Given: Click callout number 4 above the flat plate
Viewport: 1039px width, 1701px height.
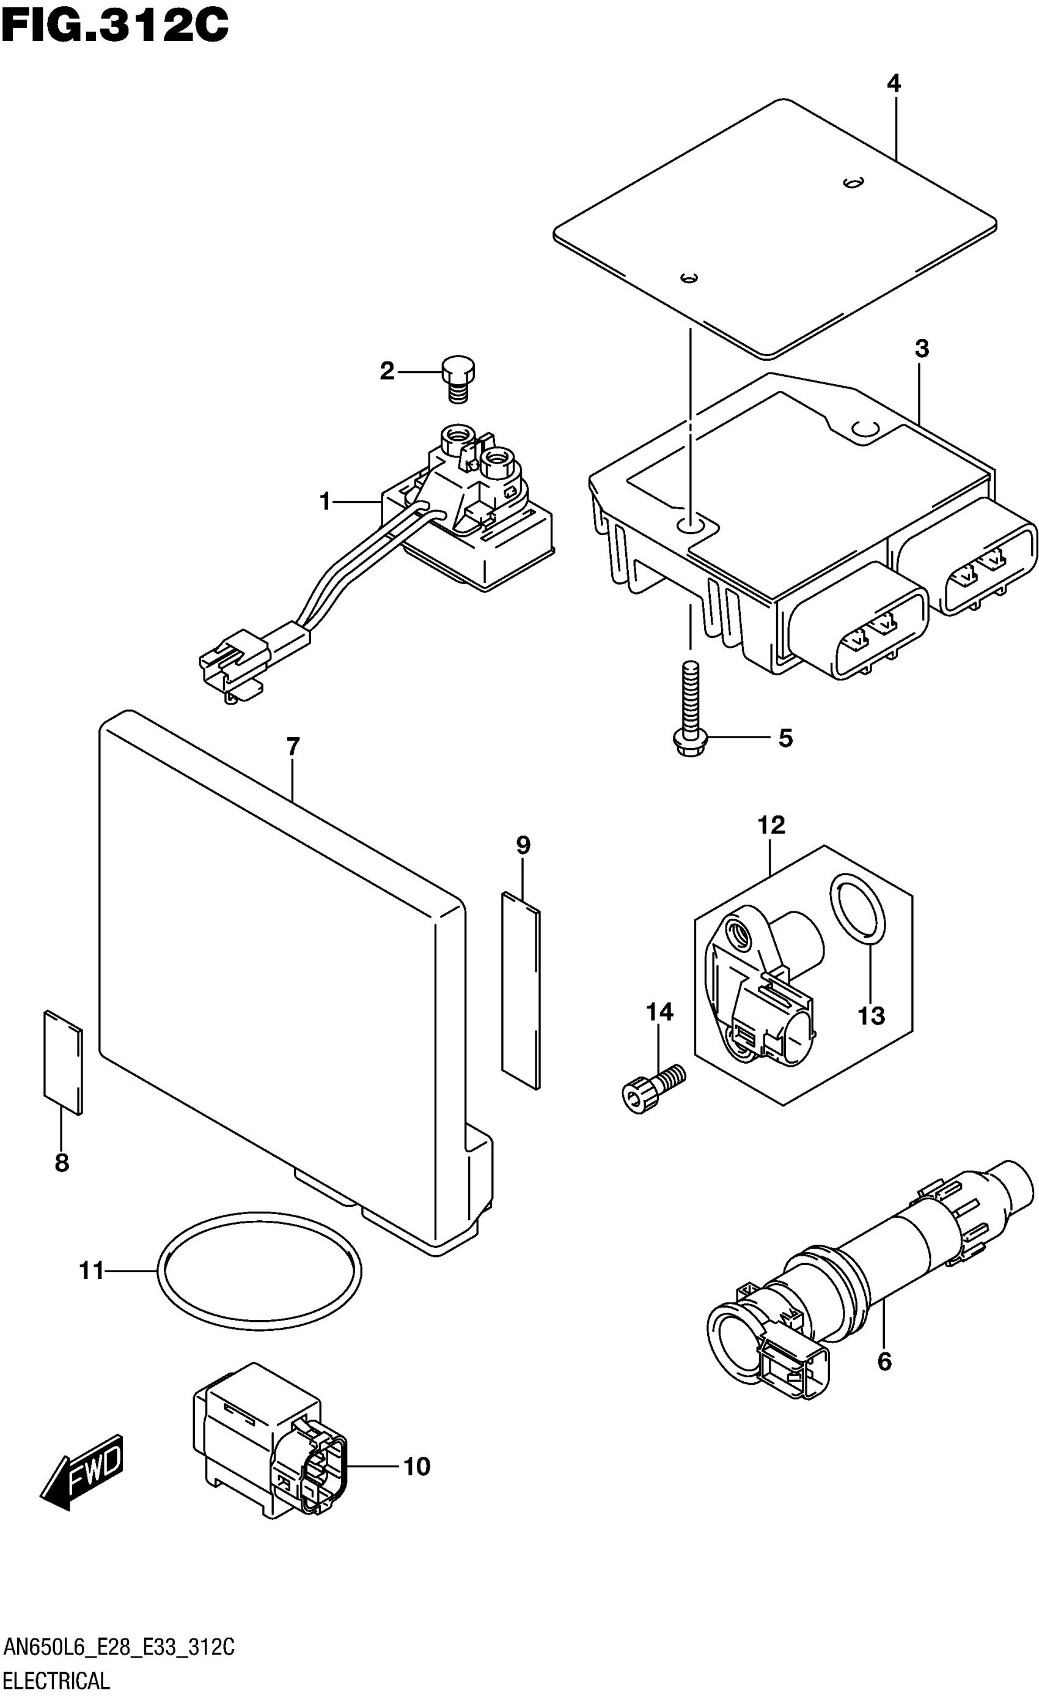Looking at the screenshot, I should click(894, 84).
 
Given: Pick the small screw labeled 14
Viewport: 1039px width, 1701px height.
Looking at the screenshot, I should click(652, 1085).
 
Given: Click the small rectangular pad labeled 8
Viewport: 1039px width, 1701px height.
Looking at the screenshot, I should click(63, 1062).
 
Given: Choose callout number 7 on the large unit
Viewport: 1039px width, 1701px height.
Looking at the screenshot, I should click(293, 747).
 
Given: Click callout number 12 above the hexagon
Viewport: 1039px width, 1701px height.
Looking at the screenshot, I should click(771, 825).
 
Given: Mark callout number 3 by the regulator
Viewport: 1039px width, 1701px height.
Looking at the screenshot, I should click(922, 349).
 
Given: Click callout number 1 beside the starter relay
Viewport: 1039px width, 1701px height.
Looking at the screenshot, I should click(326, 502).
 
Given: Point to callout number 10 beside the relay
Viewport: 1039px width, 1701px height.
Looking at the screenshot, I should click(417, 1466).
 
